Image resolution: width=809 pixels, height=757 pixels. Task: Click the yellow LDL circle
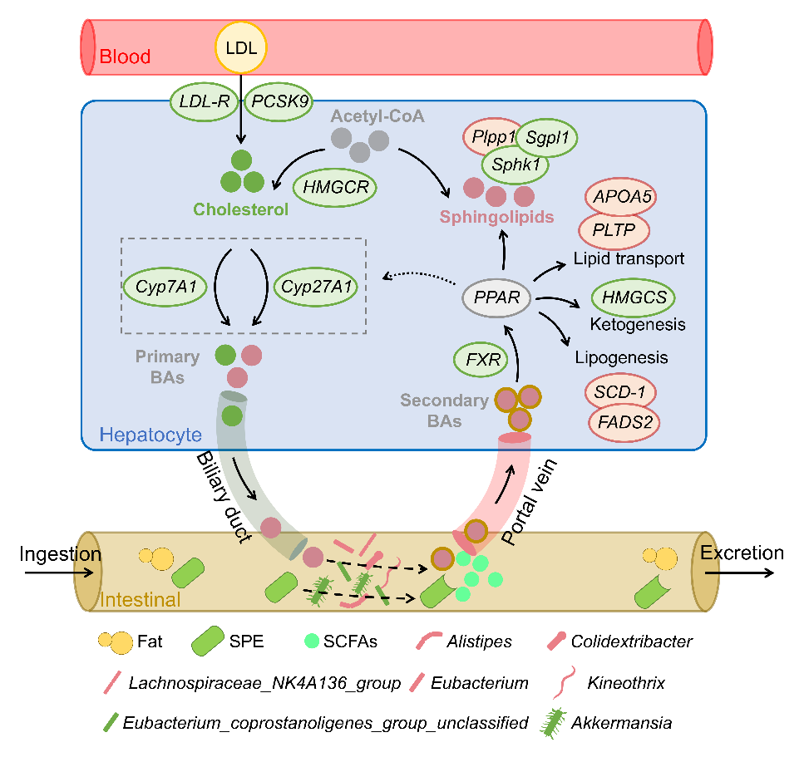(x=241, y=47)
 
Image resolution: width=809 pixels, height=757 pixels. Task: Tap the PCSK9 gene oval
(x=277, y=101)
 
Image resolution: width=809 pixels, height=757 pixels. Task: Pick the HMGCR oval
(x=336, y=189)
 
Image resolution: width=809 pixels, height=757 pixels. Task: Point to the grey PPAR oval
(x=496, y=296)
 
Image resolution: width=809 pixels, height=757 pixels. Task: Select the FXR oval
(x=481, y=361)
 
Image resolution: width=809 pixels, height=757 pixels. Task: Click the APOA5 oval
(x=621, y=197)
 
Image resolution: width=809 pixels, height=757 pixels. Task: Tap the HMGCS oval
(x=633, y=297)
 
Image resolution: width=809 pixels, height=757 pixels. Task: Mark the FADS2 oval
(x=625, y=421)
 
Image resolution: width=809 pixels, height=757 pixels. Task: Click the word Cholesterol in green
(x=241, y=209)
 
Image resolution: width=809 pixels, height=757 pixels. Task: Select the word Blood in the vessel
(x=125, y=57)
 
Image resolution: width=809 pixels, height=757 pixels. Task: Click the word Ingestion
(x=60, y=553)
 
